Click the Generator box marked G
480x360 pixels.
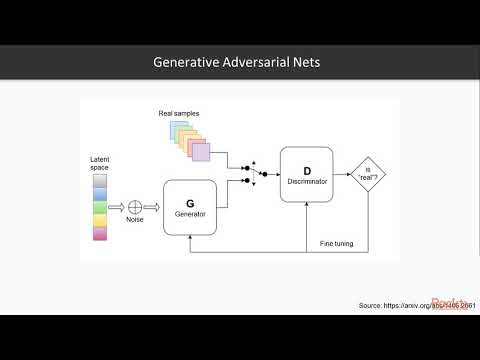tap(189, 207)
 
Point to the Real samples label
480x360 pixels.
tap(178, 113)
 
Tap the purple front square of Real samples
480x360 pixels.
tap(201, 153)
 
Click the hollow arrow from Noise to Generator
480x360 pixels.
tap(153, 207)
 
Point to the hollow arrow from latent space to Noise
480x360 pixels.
tap(116, 207)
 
